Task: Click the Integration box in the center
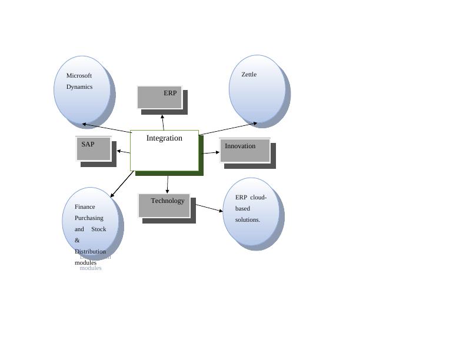coord(164,151)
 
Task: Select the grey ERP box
coord(159,97)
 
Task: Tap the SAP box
coord(93,148)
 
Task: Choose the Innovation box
coord(245,151)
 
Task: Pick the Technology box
coord(164,205)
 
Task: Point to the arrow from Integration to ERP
coord(163,122)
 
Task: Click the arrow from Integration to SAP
coord(124,152)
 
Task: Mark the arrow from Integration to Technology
coord(168,184)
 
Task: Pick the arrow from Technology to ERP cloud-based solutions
coord(209,208)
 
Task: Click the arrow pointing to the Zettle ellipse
coord(229,129)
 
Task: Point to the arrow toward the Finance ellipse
coord(122,184)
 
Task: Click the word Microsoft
coord(79,75)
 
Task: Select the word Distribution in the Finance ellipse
coord(90,252)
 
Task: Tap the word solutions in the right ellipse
coord(248,219)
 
